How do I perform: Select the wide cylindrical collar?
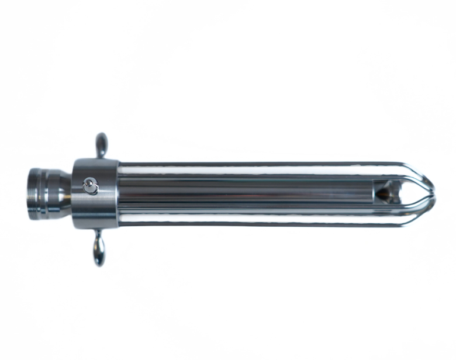click(95, 193)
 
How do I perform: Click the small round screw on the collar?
click(90, 186)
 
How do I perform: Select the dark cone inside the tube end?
click(384, 191)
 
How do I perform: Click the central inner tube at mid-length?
click(246, 190)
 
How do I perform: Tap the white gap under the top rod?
click(257, 171)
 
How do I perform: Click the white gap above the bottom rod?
click(257, 215)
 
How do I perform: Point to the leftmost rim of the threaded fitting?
click(29, 193)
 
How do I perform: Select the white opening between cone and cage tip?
click(412, 192)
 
